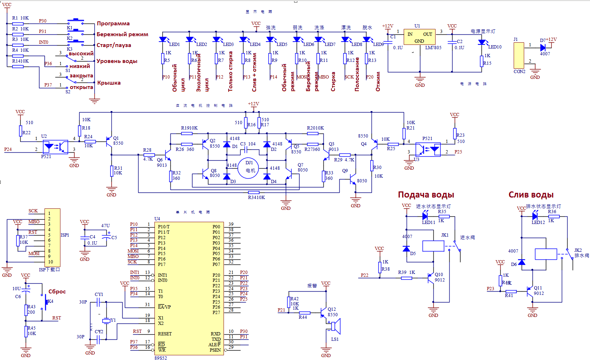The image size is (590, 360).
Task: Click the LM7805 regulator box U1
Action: [419, 37]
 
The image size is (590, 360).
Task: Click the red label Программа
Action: [113, 24]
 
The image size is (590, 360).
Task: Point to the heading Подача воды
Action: [426, 195]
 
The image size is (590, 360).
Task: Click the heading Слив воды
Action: [531, 195]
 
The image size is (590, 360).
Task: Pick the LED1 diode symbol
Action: [163, 39]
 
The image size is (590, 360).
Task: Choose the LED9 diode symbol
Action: [367, 39]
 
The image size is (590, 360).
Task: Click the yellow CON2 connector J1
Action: [519, 55]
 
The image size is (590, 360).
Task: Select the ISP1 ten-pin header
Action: [52, 238]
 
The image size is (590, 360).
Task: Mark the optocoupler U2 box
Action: [55, 147]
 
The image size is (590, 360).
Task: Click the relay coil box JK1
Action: [433, 246]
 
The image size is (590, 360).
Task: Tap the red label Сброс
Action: [57, 292]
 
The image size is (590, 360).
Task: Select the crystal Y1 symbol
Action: [106, 321]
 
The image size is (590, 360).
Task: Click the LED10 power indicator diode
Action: [482, 42]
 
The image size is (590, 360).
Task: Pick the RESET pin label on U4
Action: [165, 334]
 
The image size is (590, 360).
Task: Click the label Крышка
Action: [109, 83]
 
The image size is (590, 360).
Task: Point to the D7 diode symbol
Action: [543, 47]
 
